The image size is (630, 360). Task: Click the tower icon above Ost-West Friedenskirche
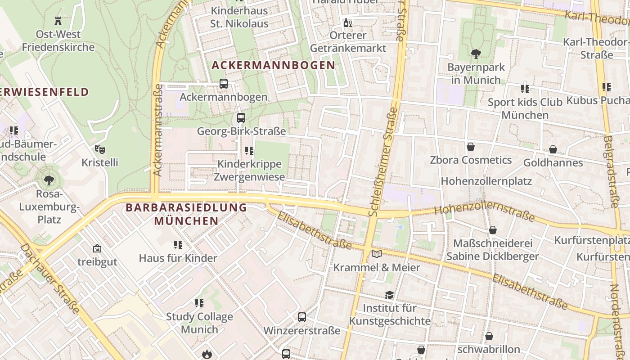tap(58, 21)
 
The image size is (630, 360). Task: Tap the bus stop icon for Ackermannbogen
tap(223, 84)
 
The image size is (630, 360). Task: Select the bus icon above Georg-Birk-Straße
tap(241, 118)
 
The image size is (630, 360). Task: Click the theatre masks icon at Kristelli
tap(99, 149)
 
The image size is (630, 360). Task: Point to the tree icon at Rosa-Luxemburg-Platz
tap(49, 180)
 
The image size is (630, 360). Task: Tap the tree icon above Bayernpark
tap(476, 54)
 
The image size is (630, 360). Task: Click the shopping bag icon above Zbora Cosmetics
tap(470, 147)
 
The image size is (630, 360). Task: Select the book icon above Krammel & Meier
tap(377, 254)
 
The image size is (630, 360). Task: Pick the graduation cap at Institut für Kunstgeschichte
tap(389, 295)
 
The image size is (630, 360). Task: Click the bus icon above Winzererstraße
tap(301, 317)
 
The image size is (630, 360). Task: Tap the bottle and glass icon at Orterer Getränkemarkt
tap(348, 22)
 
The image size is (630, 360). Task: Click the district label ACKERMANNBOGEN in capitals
tap(274, 65)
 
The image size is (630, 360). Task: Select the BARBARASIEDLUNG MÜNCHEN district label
tap(186, 214)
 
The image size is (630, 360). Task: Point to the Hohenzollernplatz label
tap(486, 181)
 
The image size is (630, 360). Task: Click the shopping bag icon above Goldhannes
tap(553, 149)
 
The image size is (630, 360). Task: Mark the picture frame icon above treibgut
tap(97, 248)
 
